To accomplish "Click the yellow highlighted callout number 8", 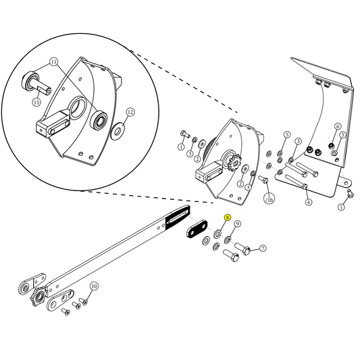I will [x=228, y=218].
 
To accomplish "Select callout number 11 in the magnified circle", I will [x=53, y=62].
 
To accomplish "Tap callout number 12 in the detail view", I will [x=130, y=112].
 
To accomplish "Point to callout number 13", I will [x=36, y=102].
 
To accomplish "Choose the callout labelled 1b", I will [x=269, y=199].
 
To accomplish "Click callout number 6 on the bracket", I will [x=338, y=126].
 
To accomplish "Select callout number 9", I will [x=238, y=224].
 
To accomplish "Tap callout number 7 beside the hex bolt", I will [x=263, y=248].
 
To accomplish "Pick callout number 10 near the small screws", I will [x=94, y=286].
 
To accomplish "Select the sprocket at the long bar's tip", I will [x=37, y=298].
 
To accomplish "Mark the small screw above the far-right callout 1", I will [x=350, y=194].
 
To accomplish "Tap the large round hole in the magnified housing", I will [x=77, y=105].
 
